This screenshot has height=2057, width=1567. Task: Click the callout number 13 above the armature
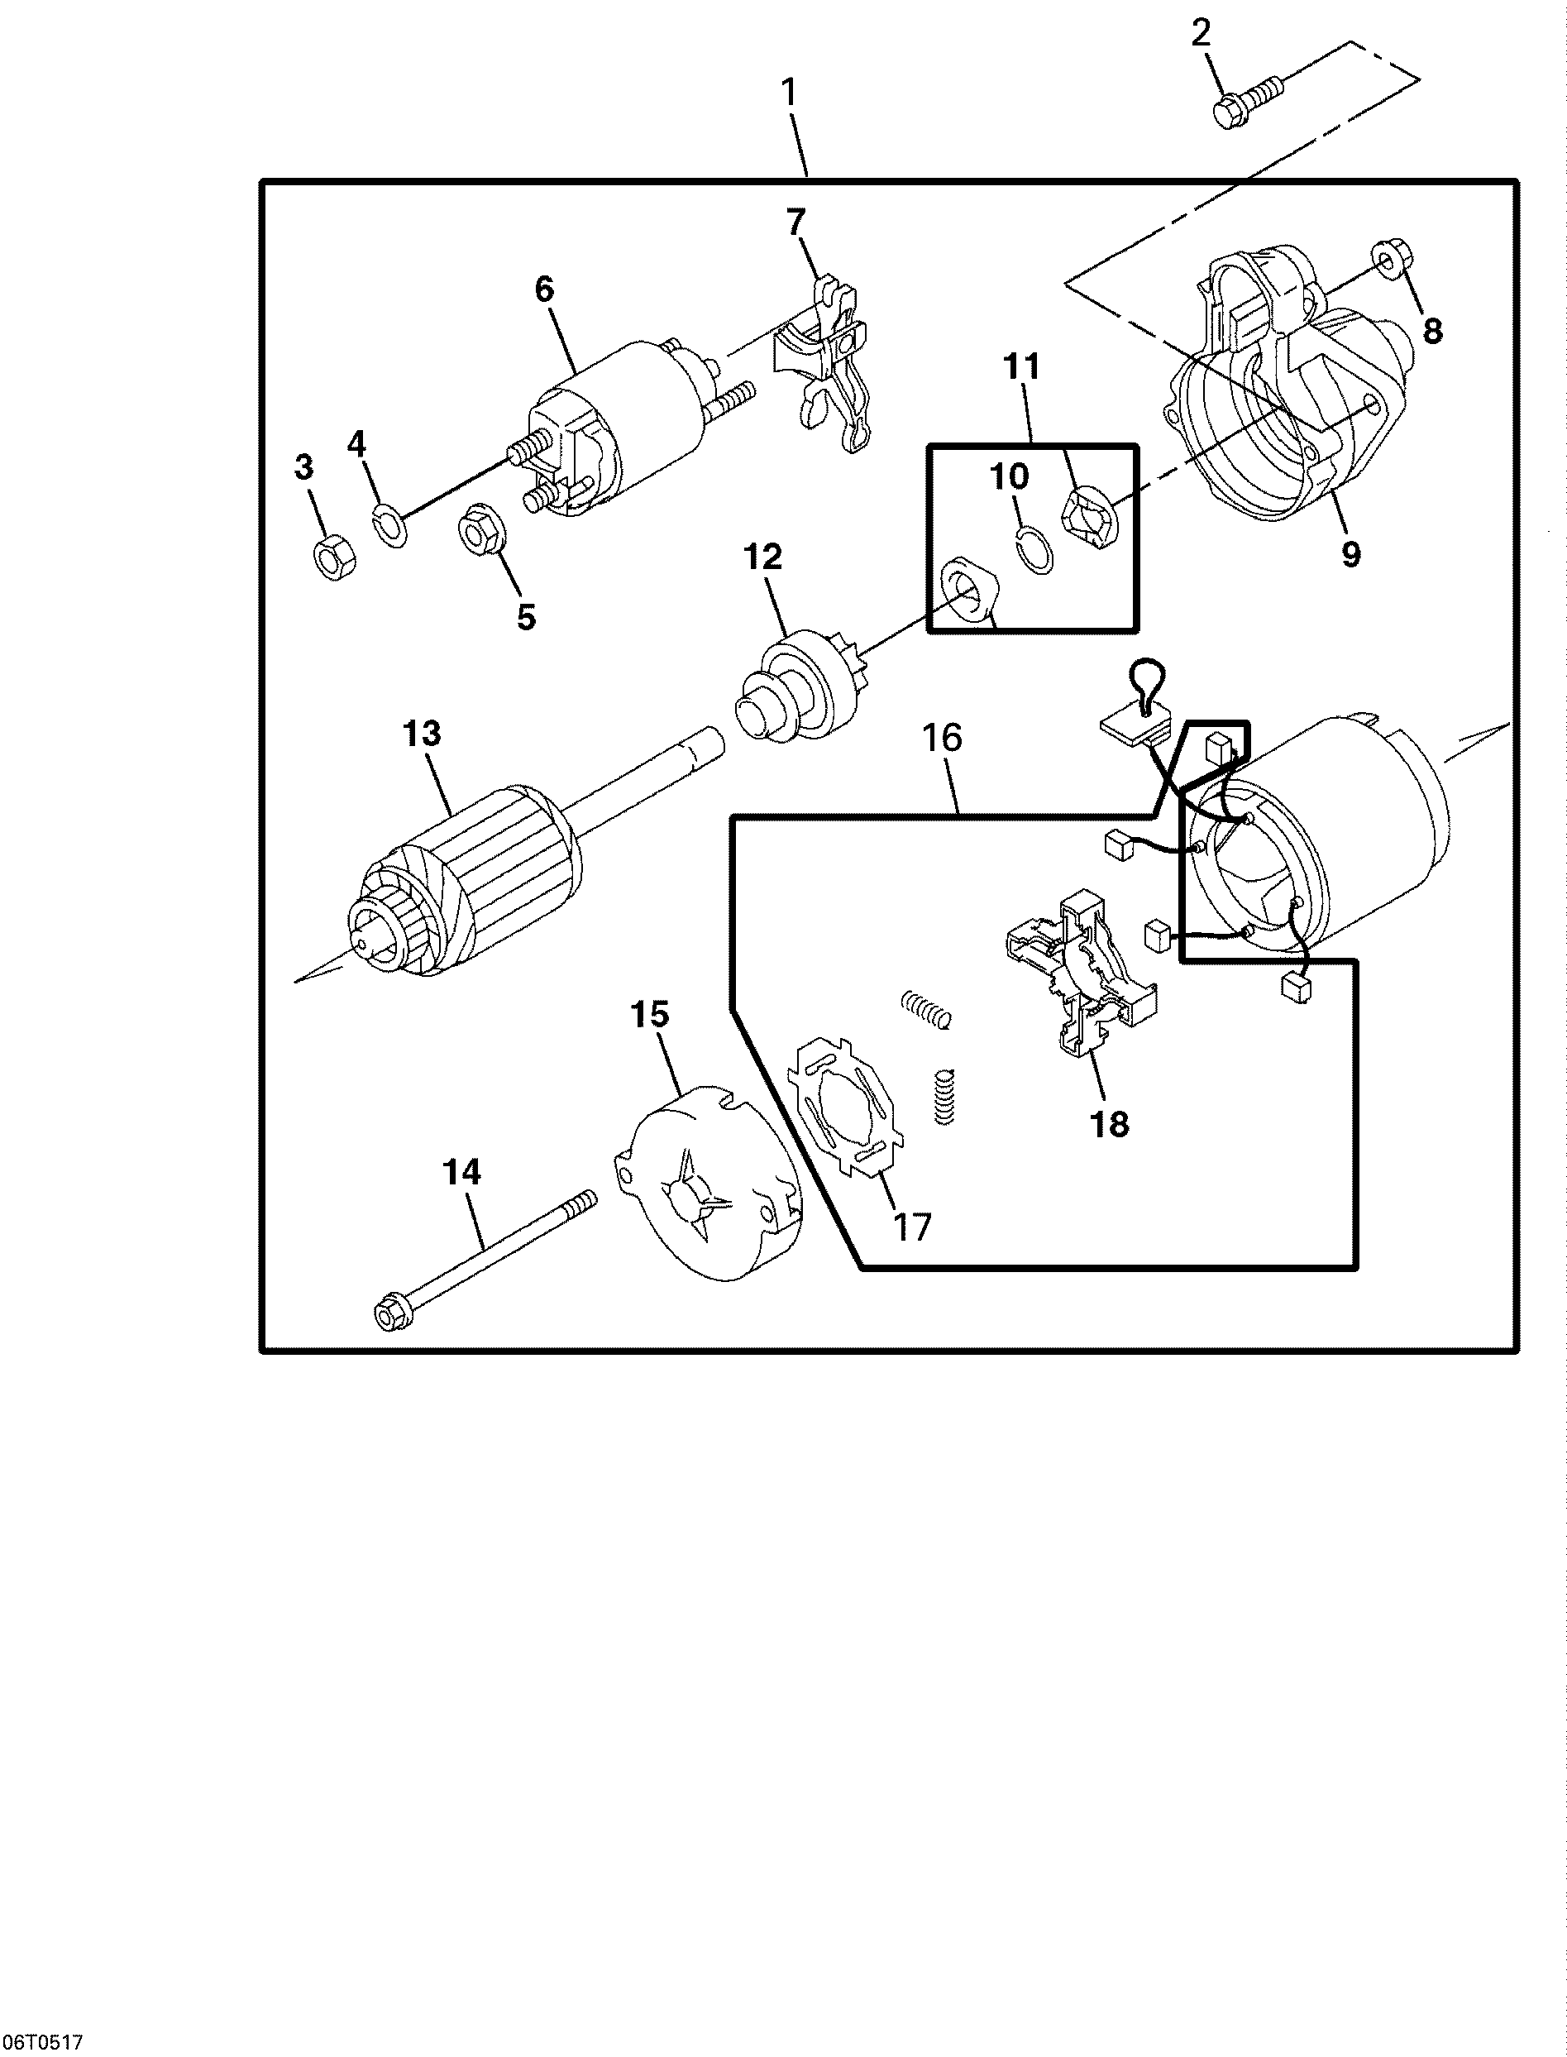click(422, 734)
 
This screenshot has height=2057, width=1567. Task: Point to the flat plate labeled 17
click(845, 1107)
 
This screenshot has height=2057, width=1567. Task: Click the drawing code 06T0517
click(42, 2042)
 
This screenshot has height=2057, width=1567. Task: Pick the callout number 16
click(941, 737)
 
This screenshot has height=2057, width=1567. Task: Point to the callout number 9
click(1350, 554)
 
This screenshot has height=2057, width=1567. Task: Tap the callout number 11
click(1021, 366)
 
